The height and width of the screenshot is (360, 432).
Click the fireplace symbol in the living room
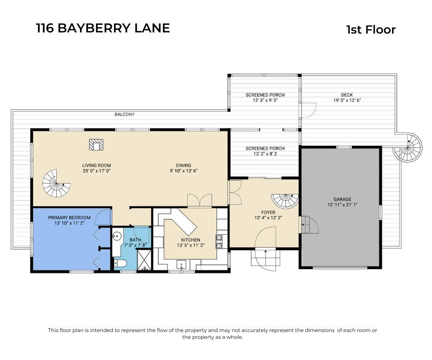tap(96, 144)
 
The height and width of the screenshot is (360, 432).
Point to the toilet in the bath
tap(120, 264)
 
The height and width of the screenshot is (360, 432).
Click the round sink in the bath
tap(117, 236)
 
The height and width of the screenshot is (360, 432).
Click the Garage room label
tap(342, 199)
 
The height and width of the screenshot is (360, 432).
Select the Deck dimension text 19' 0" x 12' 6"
tap(347, 100)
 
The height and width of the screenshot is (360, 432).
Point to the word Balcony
tap(125, 114)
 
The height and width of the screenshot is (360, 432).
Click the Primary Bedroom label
tap(69, 218)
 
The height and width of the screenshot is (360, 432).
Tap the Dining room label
tap(184, 165)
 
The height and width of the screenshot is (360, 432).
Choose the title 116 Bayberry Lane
tap(103, 28)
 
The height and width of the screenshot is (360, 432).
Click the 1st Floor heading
tap(370, 30)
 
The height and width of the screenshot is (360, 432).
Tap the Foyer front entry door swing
tap(266, 238)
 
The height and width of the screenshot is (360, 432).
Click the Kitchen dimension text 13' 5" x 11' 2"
tap(190, 246)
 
